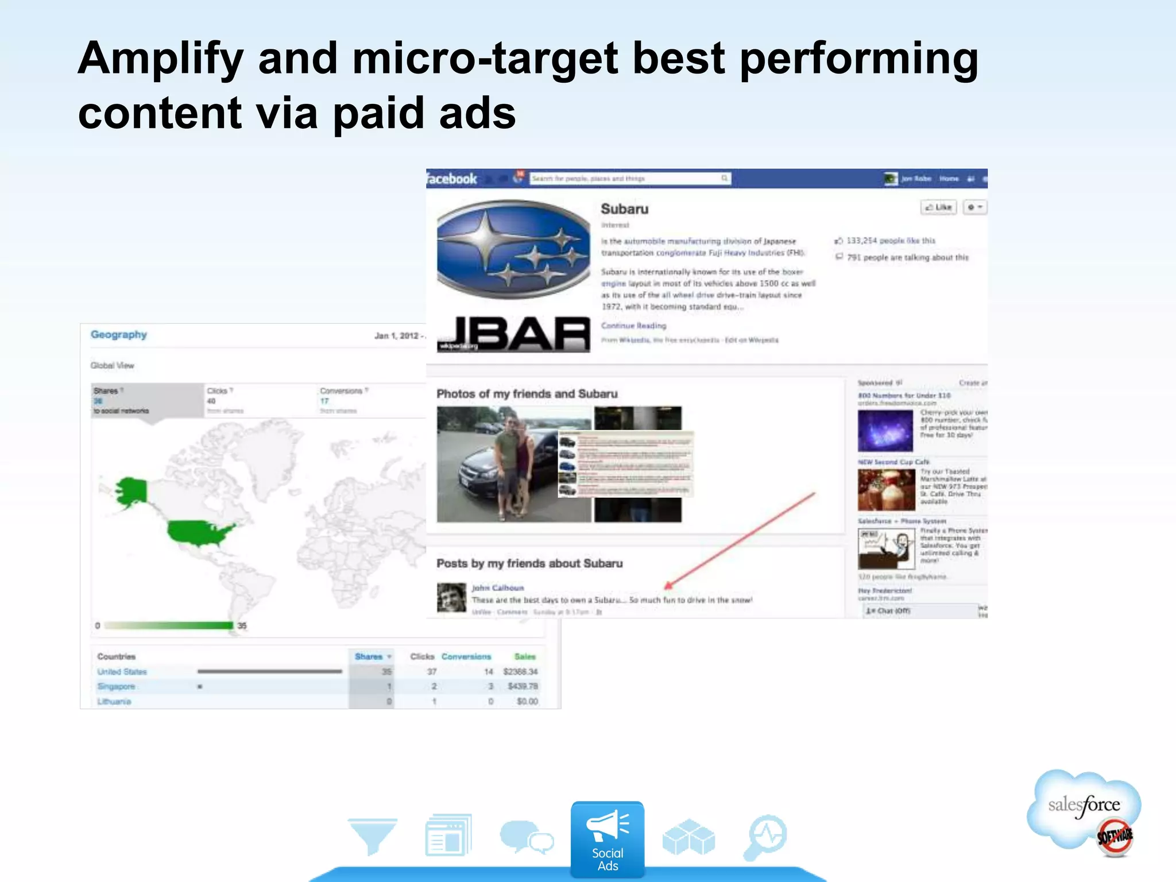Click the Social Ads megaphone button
tap(607, 838)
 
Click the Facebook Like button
tap(938, 207)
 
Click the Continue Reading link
tap(633, 326)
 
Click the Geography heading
tap(119, 335)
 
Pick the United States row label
tap(122, 672)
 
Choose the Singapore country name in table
tap(116, 687)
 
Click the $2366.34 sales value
tap(520, 672)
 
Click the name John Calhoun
tap(498, 588)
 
